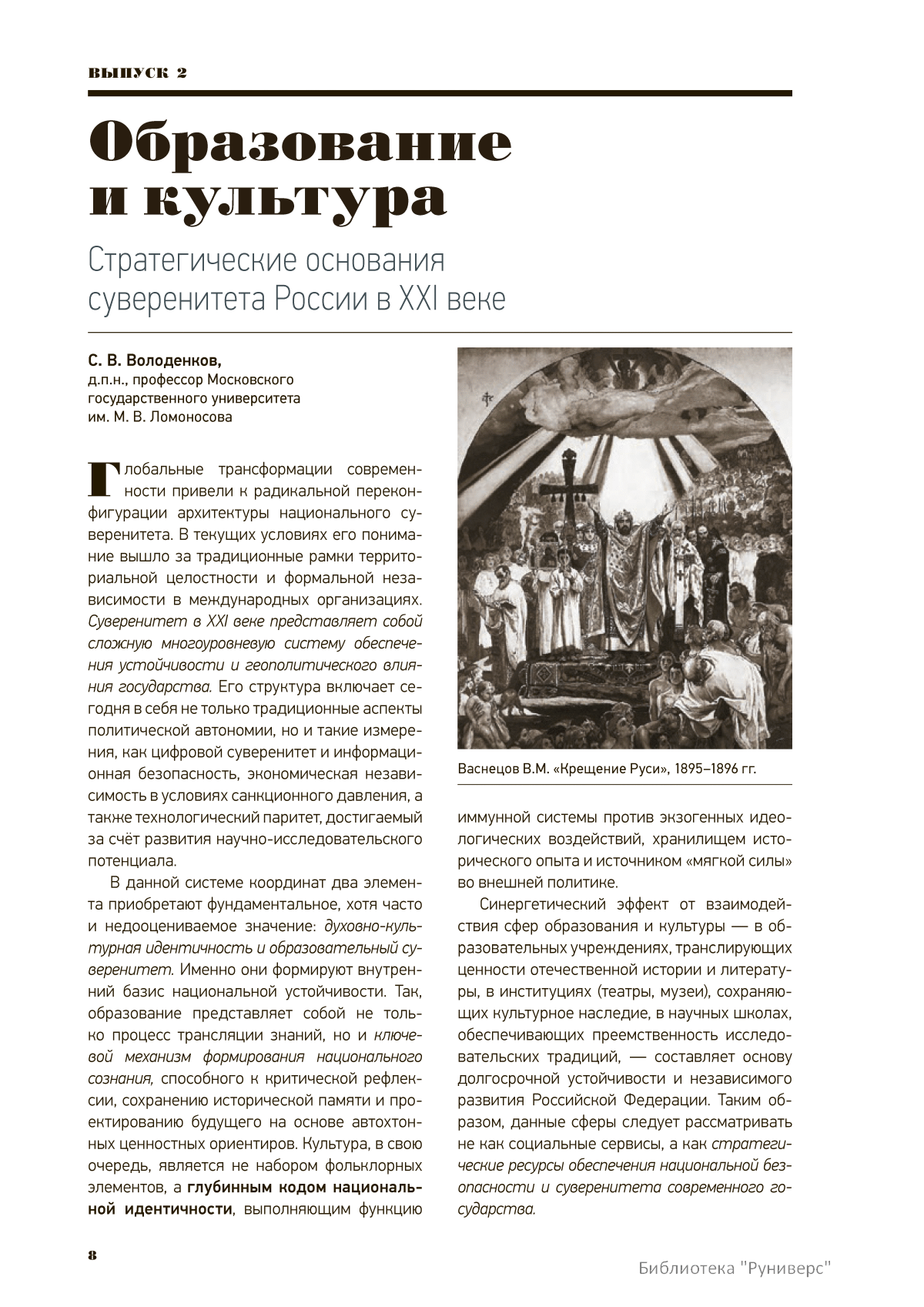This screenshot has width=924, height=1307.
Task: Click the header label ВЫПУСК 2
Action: tap(138, 73)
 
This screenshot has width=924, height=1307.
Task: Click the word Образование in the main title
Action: tap(300, 143)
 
